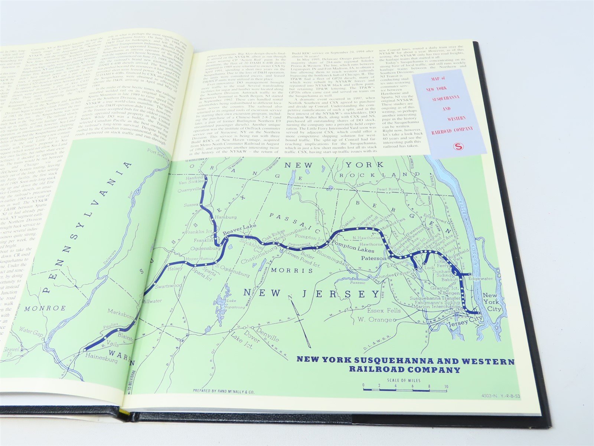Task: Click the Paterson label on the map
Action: click(373, 258)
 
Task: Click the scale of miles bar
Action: click(405, 390)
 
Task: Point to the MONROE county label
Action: click(45, 308)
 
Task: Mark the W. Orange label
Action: click(375, 320)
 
